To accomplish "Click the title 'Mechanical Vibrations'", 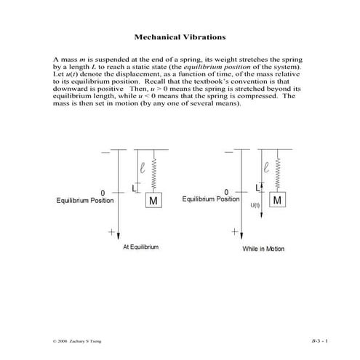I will tap(180, 36).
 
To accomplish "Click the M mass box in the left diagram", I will tap(154, 200).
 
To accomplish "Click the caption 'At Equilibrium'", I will tap(140, 247).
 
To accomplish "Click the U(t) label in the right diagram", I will tap(255, 206).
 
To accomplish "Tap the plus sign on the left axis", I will tap(111, 233).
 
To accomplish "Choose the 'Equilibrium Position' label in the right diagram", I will tap(210, 198).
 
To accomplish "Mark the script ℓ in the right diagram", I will tap(268, 167).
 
